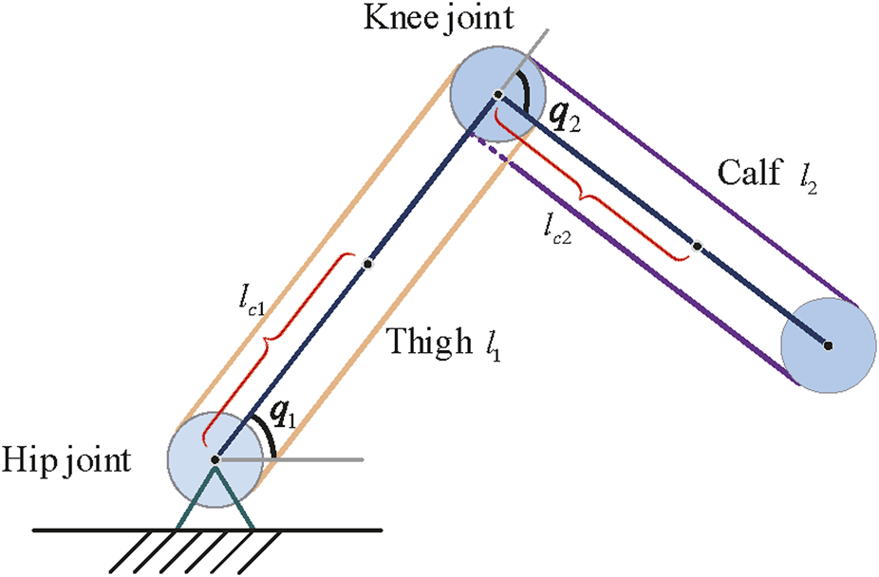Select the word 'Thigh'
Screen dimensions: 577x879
(424, 344)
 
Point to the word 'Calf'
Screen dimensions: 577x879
(751, 174)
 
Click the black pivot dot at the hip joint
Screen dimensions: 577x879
(215, 459)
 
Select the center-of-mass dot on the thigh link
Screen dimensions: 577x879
(367, 264)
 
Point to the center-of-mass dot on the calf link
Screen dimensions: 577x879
(696, 247)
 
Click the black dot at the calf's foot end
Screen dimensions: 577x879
(828, 345)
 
